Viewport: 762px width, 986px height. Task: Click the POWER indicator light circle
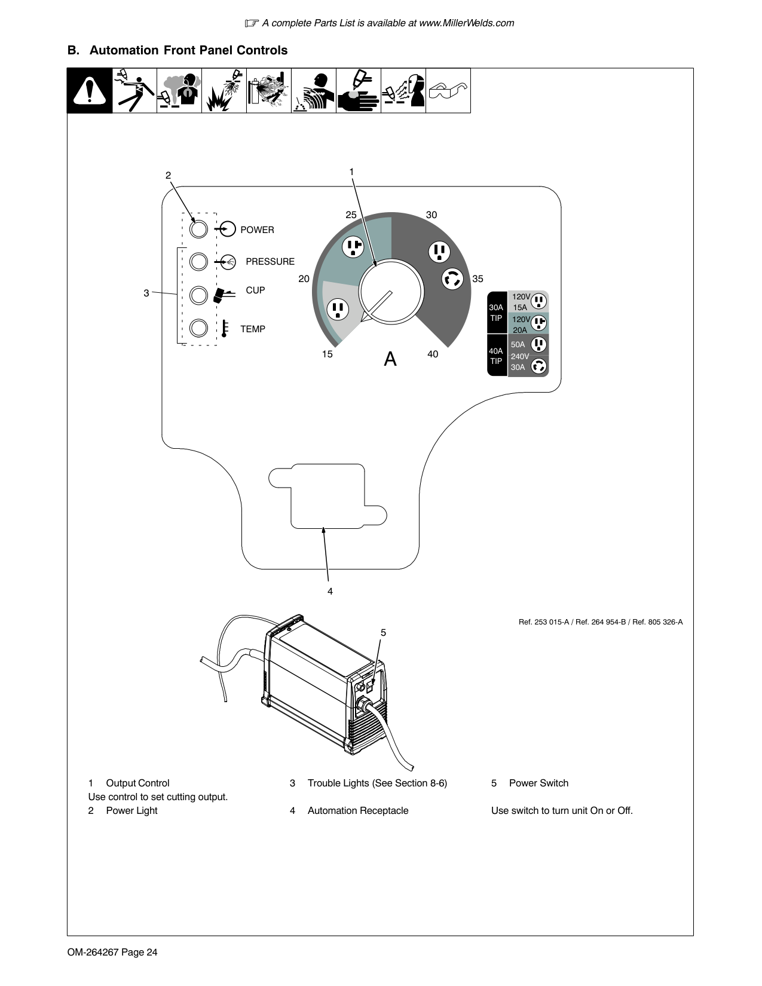(198, 229)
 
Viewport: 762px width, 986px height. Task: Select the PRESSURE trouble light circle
(198, 262)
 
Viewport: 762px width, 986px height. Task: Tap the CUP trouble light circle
(198, 295)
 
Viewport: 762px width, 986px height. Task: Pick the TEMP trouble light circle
(198, 328)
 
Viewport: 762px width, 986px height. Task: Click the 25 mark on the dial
(351, 215)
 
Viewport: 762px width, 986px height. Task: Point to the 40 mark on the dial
(433, 354)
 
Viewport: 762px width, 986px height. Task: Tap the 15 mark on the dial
(327, 354)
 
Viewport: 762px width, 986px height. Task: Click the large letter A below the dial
(390, 359)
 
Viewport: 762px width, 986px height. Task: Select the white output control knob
(391, 292)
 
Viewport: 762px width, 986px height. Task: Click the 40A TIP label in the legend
(496, 356)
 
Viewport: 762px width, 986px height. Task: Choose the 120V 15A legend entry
(528, 302)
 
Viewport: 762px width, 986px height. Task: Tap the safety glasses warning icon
(448, 91)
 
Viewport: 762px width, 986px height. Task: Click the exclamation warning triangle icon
(90, 91)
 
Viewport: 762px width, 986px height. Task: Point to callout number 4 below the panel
(330, 592)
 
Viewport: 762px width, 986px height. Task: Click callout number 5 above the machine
(384, 632)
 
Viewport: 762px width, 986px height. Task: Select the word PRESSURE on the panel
(270, 262)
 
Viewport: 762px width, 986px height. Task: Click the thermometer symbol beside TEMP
(224, 329)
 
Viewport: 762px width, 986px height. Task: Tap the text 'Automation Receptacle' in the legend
(358, 810)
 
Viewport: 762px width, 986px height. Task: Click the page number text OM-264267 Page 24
(112, 952)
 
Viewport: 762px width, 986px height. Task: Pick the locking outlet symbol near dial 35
(452, 278)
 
